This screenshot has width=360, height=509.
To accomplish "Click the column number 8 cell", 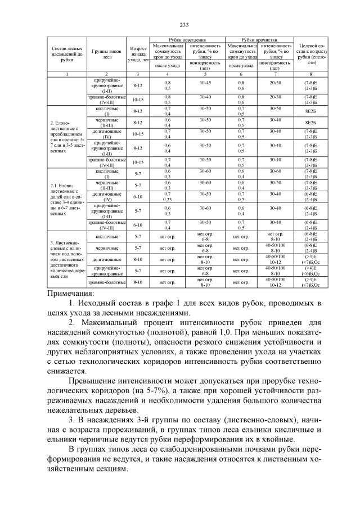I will pyautogui.click(x=310, y=74).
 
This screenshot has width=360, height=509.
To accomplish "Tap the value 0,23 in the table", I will pyautogui.click(x=167, y=198).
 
